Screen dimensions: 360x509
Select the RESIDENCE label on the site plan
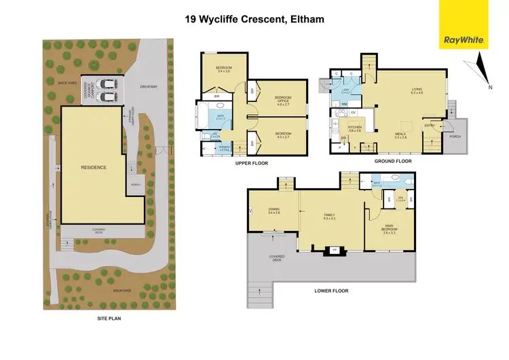click(94, 167)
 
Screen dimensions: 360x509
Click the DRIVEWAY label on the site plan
click(147, 86)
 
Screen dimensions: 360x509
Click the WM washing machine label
click(344, 103)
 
